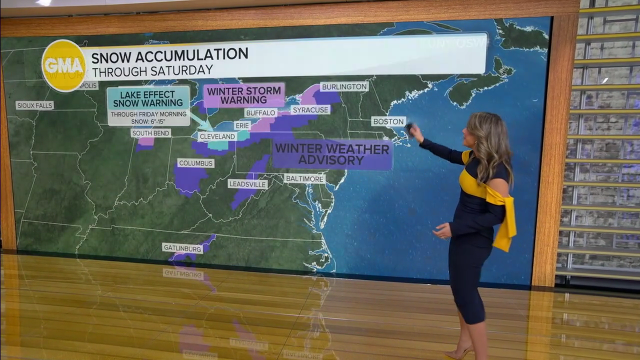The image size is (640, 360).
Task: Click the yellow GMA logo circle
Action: click(x=63, y=65)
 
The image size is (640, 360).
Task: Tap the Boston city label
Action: click(x=388, y=121)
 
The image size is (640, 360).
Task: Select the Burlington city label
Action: click(x=344, y=86)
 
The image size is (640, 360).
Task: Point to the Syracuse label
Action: click(x=310, y=109)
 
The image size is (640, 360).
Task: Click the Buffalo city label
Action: click(x=260, y=113)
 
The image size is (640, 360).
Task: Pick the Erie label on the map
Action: click(x=242, y=125)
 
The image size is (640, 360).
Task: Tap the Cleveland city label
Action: click(x=217, y=136)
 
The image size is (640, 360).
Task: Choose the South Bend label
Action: click(x=151, y=133)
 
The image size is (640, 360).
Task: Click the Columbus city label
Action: click(x=196, y=163)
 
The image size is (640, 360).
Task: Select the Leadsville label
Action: click(x=248, y=184)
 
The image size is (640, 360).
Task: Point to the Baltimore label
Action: click(x=304, y=178)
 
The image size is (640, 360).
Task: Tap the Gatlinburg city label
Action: click(x=182, y=248)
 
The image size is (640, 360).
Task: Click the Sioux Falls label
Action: click(x=34, y=105)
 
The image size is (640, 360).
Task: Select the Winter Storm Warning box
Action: click(x=244, y=95)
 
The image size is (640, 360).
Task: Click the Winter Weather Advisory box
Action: click(x=332, y=154)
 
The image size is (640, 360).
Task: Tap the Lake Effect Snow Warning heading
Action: click(x=148, y=98)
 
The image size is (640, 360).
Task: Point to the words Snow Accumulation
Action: click(x=169, y=54)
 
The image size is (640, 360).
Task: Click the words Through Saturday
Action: click(x=152, y=70)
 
